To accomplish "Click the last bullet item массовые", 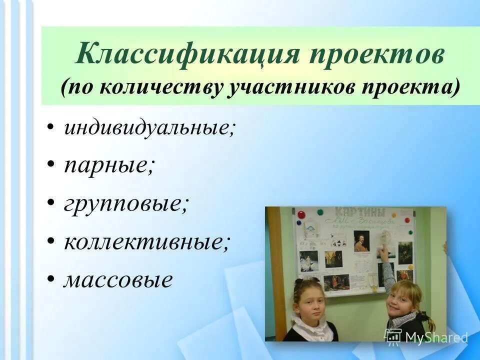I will coord(117,279).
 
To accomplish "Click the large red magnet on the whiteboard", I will coord(301,215).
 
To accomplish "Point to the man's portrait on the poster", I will coord(360,240).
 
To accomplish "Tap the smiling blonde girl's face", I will coord(400,300).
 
